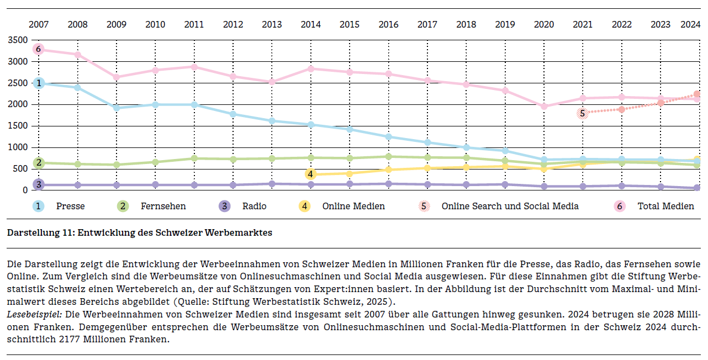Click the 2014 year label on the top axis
tap(311, 25)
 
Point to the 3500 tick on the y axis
tap(18, 40)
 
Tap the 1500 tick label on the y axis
tap(18, 126)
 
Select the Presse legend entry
tap(70, 206)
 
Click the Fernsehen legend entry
tap(163, 206)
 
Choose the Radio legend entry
tap(254, 206)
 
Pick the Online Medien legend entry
tap(353, 206)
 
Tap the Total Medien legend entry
tap(665, 206)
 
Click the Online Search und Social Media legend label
tap(510, 206)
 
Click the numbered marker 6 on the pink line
tap(38, 49)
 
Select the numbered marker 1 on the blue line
tap(39, 83)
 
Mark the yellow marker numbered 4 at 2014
tap(310, 174)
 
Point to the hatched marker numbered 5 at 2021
tap(582, 113)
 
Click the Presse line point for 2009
tap(117, 108)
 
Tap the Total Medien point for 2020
tap(544, 107)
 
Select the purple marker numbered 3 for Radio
tap(38, 184)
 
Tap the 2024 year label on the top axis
tap(690, 25)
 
